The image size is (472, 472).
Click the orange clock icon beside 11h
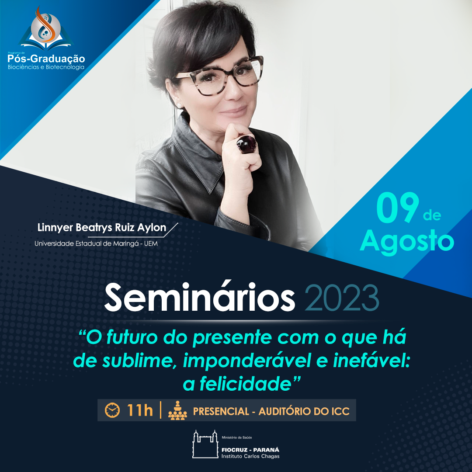[112, 410]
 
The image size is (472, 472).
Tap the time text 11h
[140, 410]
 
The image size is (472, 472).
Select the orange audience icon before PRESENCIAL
[177, 410]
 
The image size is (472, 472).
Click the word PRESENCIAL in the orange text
[221, 411]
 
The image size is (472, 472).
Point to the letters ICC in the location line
[340, 411]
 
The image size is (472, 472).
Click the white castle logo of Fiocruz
[205, 444]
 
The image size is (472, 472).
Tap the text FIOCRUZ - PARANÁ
[250, 450]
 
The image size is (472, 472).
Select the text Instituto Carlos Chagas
[250, 456]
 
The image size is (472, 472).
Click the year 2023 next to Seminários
[342, 298]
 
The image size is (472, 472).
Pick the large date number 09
[397, 208]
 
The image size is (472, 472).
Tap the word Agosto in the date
[407, 241]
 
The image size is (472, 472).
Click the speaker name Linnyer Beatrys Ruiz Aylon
[102, 228]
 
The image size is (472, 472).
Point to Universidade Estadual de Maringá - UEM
[96, 243]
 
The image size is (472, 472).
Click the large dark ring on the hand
[246, 144]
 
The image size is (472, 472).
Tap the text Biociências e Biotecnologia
[46, 67]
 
